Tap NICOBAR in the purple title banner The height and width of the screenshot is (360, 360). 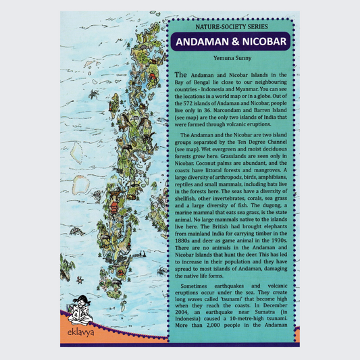[x=264, y=43]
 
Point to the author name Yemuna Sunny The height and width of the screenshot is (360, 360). [x=232, y=59]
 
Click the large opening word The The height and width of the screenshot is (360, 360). [x=180, y=74]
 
